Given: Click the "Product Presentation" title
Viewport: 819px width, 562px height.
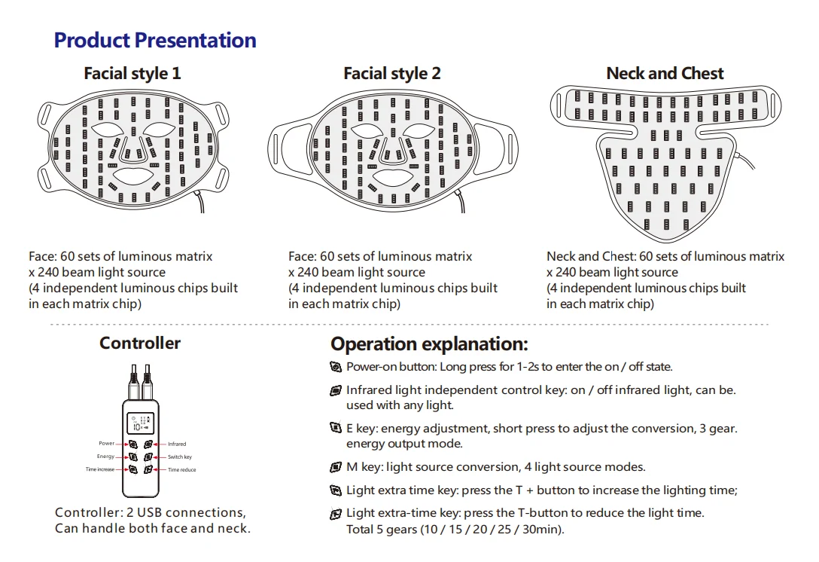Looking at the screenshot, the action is click(155, 41).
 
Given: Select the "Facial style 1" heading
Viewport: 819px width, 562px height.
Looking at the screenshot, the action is click(132, 74).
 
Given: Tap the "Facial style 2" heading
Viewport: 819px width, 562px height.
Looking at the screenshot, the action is click(392, 74).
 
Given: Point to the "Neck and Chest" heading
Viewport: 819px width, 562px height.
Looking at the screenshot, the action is click(665, 74).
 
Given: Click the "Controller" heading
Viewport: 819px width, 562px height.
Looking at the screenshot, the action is click(140, 344).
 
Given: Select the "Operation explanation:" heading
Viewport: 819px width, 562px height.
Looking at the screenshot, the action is click(429, 345).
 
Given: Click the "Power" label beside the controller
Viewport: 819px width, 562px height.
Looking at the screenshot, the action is click(106, 444).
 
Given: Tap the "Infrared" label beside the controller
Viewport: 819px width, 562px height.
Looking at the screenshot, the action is click(177, 444).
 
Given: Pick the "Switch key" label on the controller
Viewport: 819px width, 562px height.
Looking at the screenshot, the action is click(180, 457).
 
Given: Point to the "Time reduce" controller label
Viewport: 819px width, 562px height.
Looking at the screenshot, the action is click(182, 470).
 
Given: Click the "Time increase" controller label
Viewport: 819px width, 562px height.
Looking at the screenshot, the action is click(100, 470).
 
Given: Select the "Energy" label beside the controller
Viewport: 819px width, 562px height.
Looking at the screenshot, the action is click(105, 457).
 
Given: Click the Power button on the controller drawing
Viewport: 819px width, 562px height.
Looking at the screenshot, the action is click(133, 444).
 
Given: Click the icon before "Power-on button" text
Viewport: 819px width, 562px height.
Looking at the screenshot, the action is click(336, 367).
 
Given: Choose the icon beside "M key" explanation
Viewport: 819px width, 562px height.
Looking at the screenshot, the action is click(336, 467).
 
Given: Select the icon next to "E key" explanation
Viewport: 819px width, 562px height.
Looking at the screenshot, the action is click(336, 428).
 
